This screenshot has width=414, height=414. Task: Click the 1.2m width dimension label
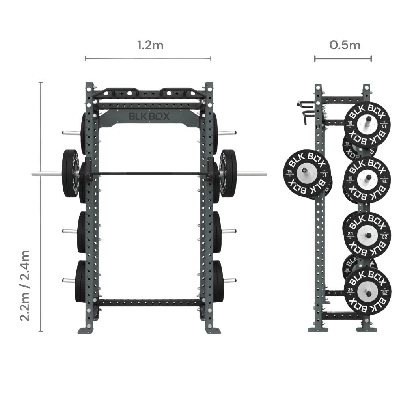click(x=150, y=45)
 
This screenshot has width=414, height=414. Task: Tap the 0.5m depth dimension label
click(x=345, y=45)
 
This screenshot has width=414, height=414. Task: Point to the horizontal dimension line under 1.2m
click(x=148, y=59)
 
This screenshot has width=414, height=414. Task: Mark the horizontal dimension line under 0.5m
click(x=343, y=59)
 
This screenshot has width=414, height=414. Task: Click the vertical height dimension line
click(x=41, y=207)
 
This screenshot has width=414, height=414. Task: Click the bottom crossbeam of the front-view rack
click(x=150, y=303)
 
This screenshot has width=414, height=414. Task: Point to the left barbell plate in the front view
click(x=70, y=173)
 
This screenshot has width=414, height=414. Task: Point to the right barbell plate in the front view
click(x=228, y=173)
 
